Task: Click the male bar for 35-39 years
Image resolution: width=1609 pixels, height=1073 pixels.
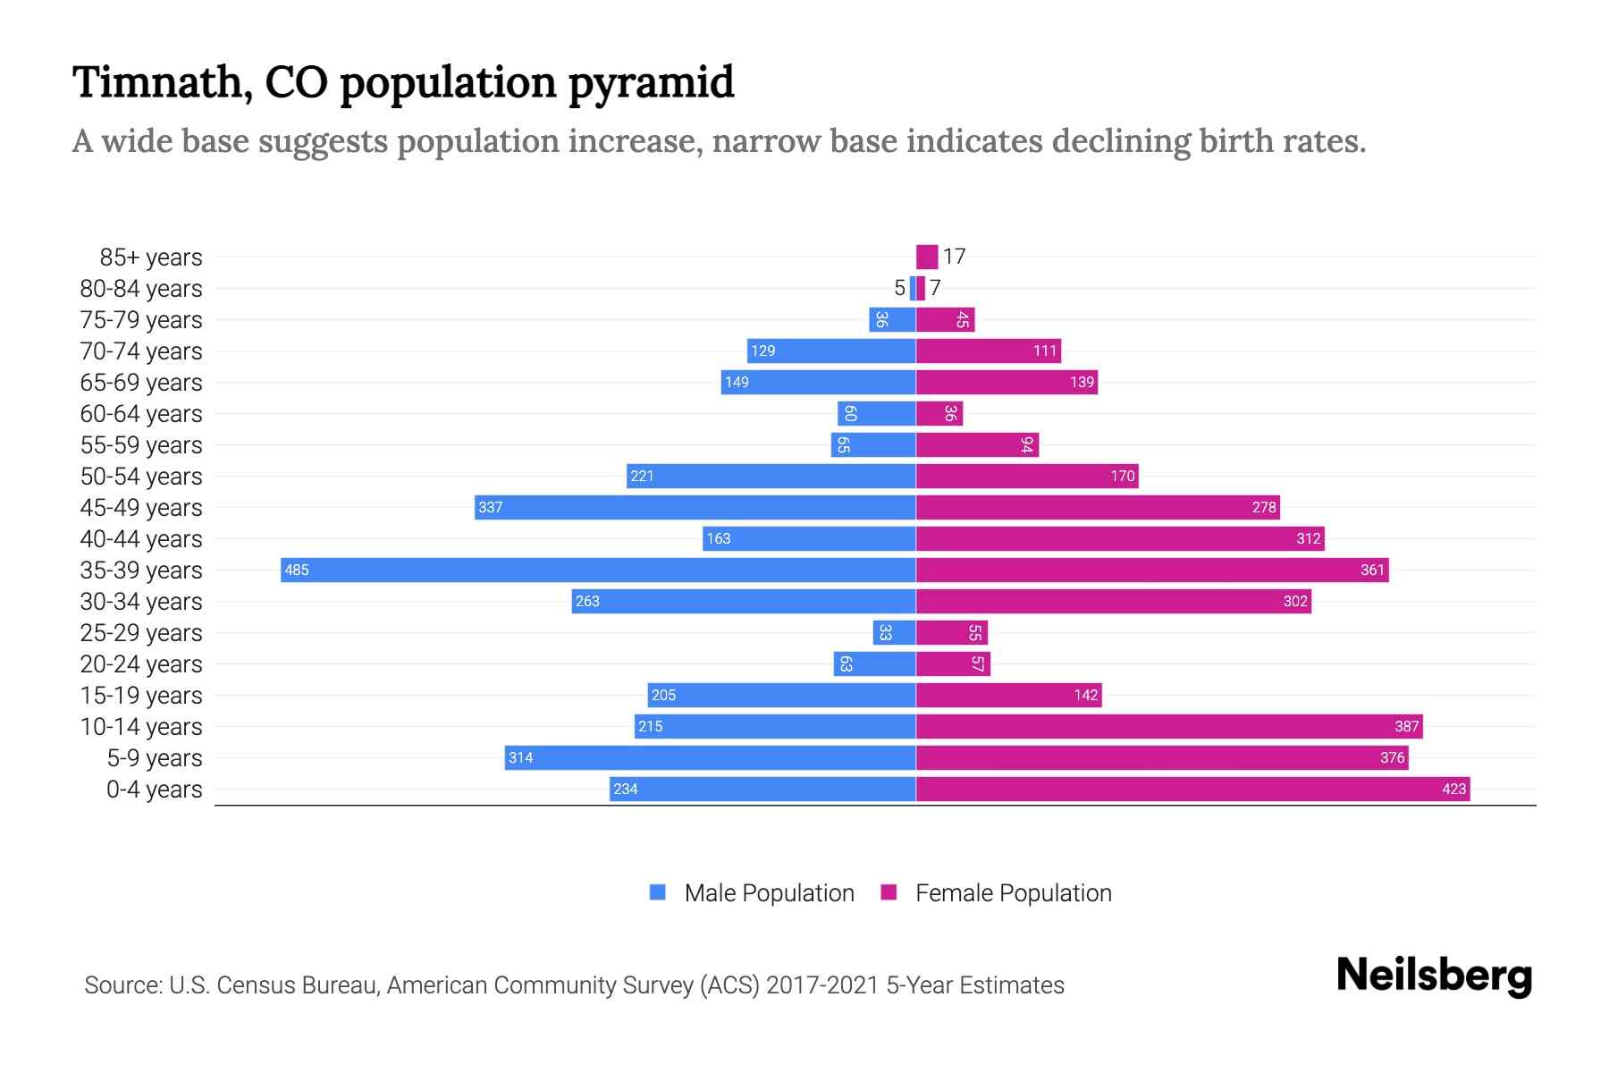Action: [598, 570]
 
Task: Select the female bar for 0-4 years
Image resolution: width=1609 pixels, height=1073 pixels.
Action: [1192, 789]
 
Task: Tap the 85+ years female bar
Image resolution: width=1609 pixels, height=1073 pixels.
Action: [927, 257]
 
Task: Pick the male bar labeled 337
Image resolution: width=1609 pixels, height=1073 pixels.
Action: [695, 507]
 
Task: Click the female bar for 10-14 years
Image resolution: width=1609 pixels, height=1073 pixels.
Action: [1169, 726]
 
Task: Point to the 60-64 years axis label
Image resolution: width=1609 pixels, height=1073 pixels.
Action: [141, 414]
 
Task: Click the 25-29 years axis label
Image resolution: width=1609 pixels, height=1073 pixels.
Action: [141, 633]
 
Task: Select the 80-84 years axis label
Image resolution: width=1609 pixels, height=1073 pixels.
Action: [141, 289]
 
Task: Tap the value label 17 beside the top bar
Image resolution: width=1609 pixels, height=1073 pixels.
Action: [954, 257]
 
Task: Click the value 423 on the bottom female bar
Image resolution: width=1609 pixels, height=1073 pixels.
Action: [1453, 789]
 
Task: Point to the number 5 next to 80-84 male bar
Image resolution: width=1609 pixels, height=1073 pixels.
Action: [899, 288]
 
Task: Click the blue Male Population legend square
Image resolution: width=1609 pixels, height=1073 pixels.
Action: [658, 892]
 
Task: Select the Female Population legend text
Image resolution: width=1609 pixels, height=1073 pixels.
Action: [1013, 893]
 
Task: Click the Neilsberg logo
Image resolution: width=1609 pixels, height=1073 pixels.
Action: [1434, 976]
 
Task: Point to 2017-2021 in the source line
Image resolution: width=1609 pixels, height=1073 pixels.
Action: [822, 985]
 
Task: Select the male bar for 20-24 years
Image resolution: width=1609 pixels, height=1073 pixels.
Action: [874, 663]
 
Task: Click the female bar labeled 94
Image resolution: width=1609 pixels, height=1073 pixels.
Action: [977, 444]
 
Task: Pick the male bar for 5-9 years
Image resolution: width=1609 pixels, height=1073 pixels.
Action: [710, 757]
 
